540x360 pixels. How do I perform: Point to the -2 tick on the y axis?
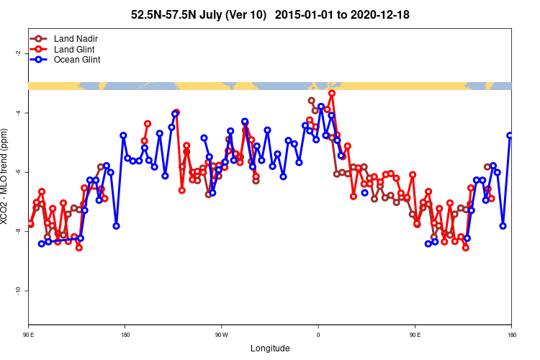(17, 53)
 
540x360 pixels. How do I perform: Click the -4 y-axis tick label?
(17, 113)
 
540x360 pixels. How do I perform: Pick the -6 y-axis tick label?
(17, 172)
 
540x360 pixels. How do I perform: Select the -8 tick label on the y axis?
(17, 231)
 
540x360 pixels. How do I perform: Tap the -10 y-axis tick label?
(17, 290)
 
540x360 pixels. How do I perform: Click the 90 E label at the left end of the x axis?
(29, 335)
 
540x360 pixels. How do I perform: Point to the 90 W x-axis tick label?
(221, 335)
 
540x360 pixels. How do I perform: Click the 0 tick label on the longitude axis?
(318, 335)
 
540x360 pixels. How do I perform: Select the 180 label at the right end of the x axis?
(511, 335)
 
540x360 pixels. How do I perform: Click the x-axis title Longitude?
(270, 348)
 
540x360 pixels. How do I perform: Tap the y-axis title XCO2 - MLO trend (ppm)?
(6, 176)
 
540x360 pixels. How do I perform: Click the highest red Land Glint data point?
(332, 93)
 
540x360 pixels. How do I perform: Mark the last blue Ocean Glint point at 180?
(510, 135)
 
